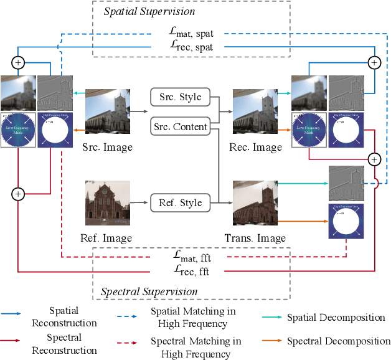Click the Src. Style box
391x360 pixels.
tap(179, 97)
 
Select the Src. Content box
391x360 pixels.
tap(179, 126)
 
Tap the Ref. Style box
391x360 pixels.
tap(179, 202)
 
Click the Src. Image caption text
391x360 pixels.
tap(108, 148)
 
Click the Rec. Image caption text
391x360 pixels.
tap(257, 148)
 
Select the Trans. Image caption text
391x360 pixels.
tap(255, 238)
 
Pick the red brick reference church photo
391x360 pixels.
tap(108, 203)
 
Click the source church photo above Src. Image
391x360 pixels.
tap(108, 113)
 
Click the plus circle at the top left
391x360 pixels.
tap(18, 62)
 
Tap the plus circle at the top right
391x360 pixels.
tap(374, 62)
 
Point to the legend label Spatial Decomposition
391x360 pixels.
tap(336, 318)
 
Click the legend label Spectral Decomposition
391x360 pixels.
tap(338, 341)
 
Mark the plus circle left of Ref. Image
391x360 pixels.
tap(18, 194)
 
